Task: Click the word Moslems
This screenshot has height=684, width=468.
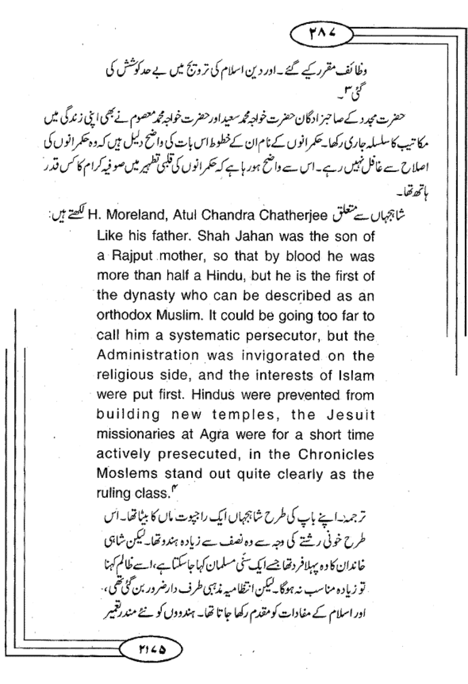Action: [127, 474]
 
